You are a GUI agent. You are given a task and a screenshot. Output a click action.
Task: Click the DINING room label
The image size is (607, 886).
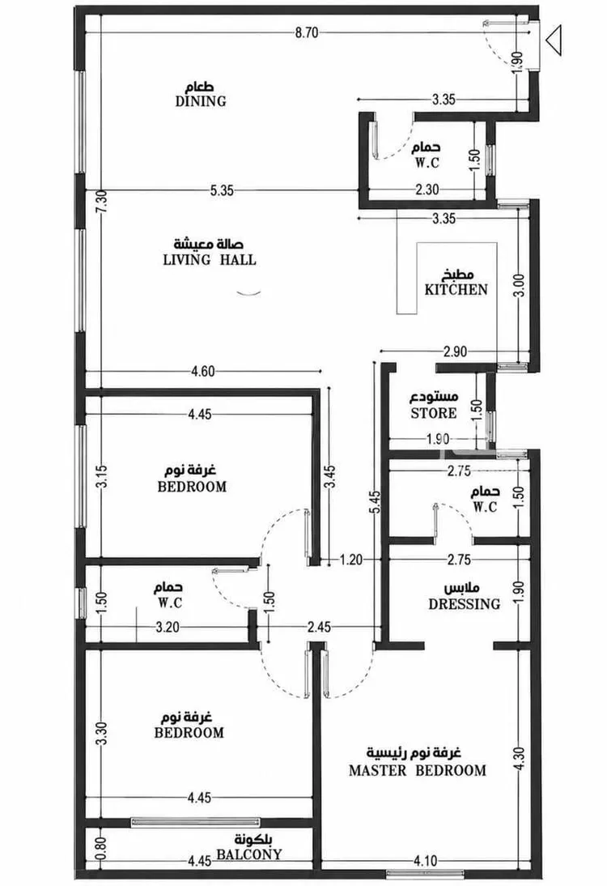pos(201,101)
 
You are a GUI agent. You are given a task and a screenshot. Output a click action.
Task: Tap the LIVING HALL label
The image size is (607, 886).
pos(210,260)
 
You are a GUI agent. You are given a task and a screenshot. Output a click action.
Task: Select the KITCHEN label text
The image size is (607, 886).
pos(456,290)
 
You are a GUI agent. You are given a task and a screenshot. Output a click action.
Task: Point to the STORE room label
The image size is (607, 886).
pos(434,413)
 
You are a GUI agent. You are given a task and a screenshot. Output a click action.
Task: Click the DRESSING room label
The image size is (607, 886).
pos(464,604)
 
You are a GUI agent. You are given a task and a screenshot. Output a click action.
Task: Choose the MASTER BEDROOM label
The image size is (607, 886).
pos(418,770)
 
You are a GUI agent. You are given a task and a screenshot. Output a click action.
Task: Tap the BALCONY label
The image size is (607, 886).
pos(249,854)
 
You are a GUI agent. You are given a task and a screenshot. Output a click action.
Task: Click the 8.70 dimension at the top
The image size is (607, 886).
pos(307,32)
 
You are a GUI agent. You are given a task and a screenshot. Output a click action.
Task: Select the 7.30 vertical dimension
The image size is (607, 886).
pos(102,201)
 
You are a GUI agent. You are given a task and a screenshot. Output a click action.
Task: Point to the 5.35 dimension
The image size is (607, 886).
pos(222,190)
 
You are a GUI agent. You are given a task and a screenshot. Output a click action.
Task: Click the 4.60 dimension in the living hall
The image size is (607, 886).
pos(202,371)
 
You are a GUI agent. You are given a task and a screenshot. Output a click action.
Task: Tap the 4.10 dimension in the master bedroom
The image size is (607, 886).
pos(425,861)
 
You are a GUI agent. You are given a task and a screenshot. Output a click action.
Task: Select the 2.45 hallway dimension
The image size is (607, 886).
pos(319,627)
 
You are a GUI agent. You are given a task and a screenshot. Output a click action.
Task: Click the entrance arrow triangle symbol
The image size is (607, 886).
pos(554,40)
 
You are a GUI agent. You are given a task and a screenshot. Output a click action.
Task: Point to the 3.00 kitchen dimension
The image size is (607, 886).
pos(520,285)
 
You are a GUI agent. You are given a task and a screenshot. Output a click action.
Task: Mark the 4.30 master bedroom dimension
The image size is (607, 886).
pos(520,758)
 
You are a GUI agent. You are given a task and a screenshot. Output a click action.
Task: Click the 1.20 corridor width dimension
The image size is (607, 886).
pos(350,560)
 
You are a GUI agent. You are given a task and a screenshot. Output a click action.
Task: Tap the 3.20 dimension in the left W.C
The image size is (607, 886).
pos(168,627)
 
